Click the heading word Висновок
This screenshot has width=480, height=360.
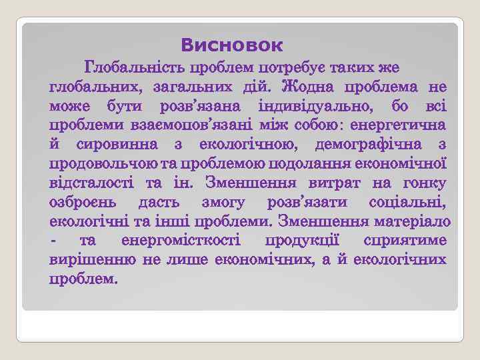point(231,46)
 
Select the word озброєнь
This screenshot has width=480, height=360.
point(84,202)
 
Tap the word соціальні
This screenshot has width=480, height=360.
point(407,202)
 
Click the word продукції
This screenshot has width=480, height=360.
point(304,240)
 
